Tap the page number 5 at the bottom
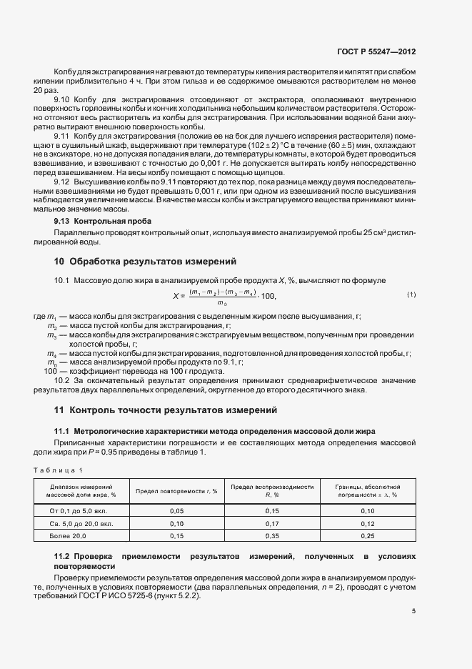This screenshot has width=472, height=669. click(x=413, y=611)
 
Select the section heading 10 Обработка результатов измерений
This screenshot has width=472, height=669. click(x=145, y=261)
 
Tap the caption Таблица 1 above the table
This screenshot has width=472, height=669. click(x=60, y=470)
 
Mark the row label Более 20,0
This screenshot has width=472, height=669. click(x=68, y=535)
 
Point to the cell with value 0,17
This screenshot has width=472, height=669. click(x=272, y=523)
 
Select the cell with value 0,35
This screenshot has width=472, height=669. click(x=272, y=535)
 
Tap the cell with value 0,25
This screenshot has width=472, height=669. click(x=368, y=535)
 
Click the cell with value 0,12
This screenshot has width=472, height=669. click(x=368, y=523)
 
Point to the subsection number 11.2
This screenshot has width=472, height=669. click(x=63, y=556)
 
